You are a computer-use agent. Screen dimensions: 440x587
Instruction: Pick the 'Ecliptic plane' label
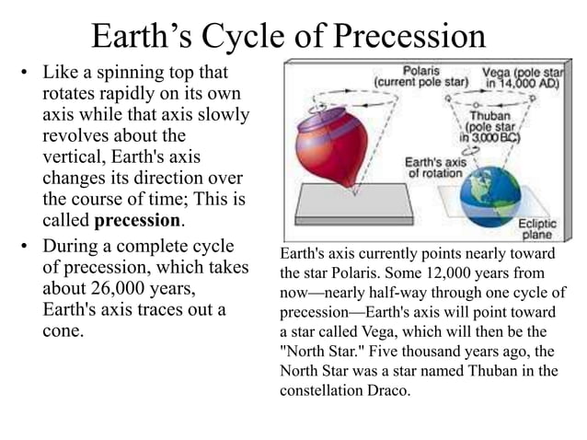(535, 227)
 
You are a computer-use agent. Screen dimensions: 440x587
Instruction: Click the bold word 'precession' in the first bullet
(137, 221)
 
